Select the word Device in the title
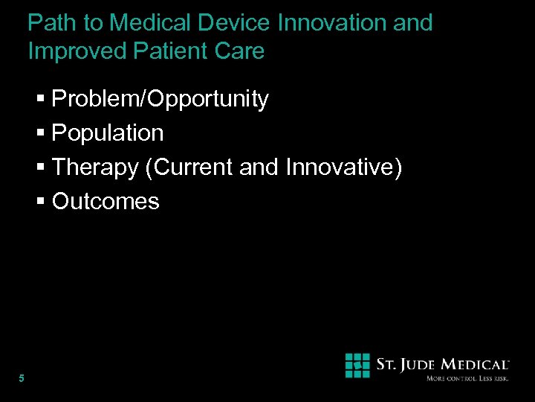coord(236,23)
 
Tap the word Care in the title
coord(240,51)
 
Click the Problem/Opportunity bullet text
coord(160,99)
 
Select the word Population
coord(108,133)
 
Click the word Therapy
coord(95,167)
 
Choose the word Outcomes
coord(106,202)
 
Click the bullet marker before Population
coord(42,134)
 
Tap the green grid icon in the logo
coord(357,366)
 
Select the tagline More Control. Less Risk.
coord(467,379)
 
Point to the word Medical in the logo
coord(476,365)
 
